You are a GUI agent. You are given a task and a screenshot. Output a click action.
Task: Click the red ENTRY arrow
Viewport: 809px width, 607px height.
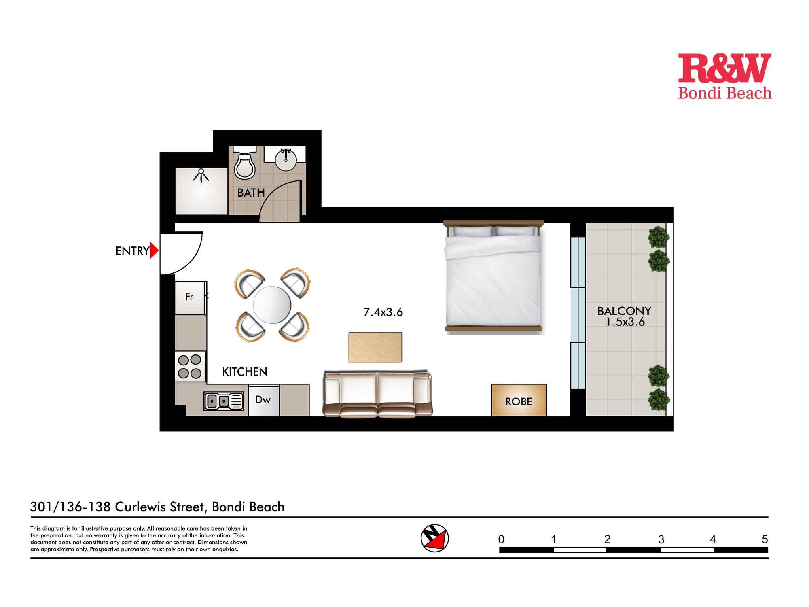[x=154, y=250]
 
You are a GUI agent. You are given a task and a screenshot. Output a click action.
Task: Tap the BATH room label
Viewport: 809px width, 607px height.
[x=251, y=193]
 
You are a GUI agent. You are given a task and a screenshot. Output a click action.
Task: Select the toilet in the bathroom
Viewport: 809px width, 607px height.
[x=245, y=166]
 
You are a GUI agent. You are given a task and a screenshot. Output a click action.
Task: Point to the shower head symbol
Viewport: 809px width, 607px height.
[x=201, y=175]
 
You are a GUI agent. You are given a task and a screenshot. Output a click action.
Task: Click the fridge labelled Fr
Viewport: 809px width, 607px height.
[x=189, y=297]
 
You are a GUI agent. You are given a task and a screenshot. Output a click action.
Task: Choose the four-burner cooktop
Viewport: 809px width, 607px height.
[x=190, y=366]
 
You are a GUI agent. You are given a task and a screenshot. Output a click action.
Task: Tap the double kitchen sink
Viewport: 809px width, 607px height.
[x=223, y=401]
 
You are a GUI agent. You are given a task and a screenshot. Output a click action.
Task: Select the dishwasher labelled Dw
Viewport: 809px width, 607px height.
[x=263, y=400]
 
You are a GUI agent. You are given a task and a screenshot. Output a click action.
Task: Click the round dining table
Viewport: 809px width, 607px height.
[x=272, y=305]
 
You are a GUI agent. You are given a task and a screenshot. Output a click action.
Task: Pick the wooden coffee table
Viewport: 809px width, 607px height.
[x=375, y=347]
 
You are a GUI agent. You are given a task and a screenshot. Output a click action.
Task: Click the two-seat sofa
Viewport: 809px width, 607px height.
[x=377, y=393]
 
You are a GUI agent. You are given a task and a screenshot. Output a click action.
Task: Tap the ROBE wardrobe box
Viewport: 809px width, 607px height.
[x=519, y=401]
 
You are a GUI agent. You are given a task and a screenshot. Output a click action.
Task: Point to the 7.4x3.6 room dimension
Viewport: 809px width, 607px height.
[x=383, y=312]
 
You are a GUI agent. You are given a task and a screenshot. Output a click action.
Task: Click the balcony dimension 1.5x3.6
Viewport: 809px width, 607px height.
[x=625, y=322]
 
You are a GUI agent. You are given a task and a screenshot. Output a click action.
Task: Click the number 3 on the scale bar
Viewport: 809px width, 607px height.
[x=661, y=539]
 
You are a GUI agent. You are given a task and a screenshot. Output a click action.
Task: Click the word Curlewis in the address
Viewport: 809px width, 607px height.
[x=159, y=507]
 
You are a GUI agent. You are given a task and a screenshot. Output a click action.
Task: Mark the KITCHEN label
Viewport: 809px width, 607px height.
[x=245, y=371]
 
